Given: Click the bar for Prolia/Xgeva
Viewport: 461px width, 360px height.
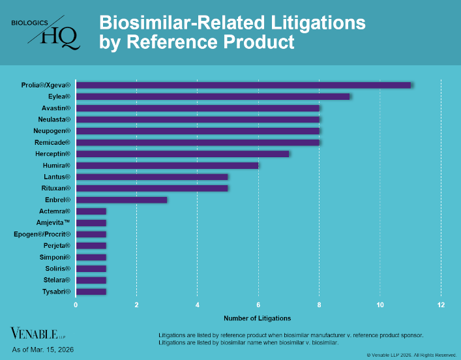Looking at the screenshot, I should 243,85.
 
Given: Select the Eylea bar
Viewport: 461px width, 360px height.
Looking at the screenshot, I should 213,97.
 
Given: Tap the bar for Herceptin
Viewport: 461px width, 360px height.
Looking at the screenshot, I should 183,154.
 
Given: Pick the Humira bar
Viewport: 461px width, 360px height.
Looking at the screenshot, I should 167,165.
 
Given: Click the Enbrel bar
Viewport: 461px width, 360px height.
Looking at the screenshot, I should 121,200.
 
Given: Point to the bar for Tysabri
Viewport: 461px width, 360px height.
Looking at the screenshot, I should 91,291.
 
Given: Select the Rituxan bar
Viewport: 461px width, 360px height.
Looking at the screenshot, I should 152,188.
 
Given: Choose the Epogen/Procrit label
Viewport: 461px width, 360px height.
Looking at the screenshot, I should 42,234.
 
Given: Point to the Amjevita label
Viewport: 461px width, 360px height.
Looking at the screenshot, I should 50,222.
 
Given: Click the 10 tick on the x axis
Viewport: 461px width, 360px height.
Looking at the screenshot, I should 380,305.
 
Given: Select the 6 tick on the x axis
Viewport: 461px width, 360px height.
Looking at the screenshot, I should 258,305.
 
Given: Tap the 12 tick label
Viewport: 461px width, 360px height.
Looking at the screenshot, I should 441,305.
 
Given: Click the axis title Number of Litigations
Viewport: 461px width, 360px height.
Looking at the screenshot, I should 258,318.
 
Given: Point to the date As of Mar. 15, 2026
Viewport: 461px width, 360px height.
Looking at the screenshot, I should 43,350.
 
